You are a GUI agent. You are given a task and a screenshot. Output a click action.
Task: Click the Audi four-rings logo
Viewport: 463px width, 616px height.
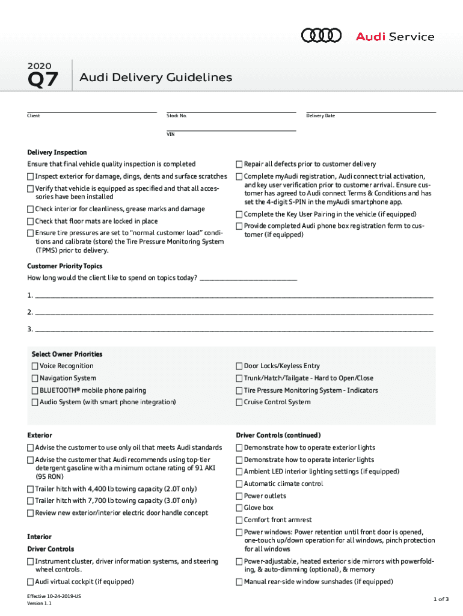321,36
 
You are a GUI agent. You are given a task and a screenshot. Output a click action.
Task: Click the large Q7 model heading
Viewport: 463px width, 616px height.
43,79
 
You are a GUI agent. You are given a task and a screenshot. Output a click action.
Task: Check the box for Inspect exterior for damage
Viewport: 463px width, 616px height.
31,176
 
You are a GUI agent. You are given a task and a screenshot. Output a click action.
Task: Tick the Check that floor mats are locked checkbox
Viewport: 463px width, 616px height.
31,221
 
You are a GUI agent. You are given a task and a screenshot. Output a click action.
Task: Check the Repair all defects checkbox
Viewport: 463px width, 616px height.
239,164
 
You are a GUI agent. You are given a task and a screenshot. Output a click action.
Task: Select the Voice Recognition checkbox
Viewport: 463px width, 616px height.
35,366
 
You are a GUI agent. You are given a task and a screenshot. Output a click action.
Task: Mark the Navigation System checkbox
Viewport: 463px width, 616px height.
35,378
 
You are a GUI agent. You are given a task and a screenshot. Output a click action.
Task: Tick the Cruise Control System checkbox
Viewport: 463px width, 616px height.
239,402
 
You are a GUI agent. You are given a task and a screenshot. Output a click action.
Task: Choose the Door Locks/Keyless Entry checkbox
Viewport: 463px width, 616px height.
239,366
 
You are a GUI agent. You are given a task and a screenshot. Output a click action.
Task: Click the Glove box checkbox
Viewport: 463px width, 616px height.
239,508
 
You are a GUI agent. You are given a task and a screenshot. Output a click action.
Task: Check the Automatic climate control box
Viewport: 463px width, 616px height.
239,484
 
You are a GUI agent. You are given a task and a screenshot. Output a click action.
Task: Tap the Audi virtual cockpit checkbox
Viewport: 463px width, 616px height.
31,582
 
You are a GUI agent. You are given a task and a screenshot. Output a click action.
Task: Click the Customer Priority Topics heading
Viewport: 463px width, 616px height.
65,266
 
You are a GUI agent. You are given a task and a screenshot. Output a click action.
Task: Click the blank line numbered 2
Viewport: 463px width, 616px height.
233,312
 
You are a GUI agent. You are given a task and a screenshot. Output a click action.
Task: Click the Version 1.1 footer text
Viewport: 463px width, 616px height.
39,603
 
